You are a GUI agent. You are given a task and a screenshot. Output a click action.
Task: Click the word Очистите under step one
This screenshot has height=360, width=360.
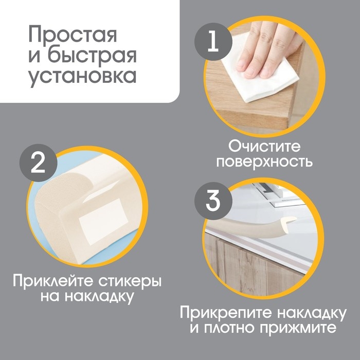(x=264, y=146)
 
